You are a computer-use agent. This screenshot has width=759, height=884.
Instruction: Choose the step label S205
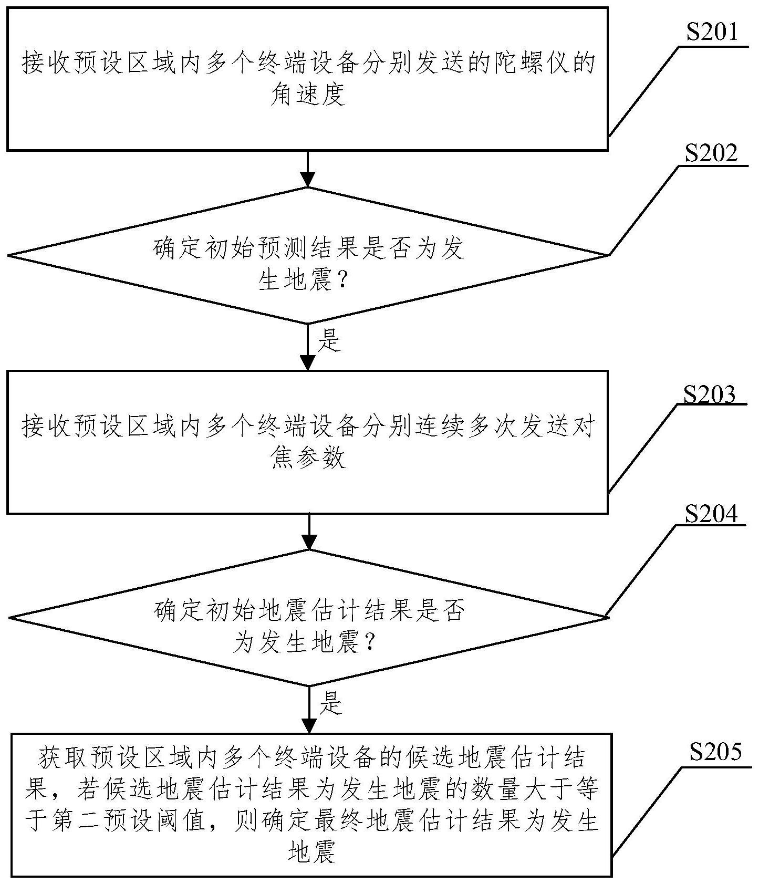(x=715, y=753)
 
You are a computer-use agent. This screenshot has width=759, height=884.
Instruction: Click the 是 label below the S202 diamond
(x=330, y=341)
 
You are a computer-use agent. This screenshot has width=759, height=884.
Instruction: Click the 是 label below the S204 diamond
(x=331, y=703)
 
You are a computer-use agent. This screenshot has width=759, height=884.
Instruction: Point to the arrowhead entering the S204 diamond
(x=309, y=542)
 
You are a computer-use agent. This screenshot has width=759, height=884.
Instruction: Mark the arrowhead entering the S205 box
(x=309, y=725)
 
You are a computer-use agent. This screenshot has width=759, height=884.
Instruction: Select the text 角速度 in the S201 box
(x=308, y=95)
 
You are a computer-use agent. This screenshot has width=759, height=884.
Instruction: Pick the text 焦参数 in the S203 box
(x=308, y=458)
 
